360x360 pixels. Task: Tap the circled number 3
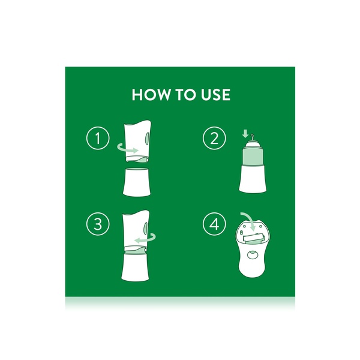click(98, 225)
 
